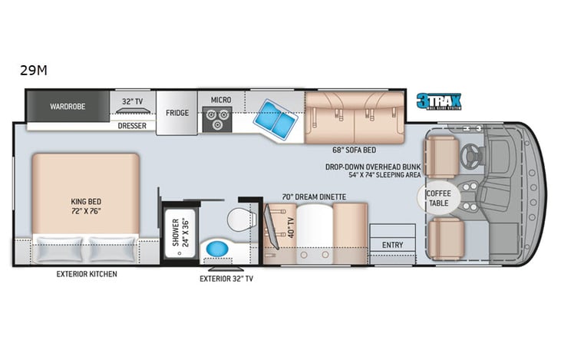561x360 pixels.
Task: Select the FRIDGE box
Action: click(177, 113)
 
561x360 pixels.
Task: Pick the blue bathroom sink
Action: click(215, 250)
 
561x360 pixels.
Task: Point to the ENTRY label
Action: click(391, 245)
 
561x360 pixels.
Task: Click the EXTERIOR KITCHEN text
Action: click(87, 274)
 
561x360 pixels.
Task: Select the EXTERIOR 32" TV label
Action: click(226, 278)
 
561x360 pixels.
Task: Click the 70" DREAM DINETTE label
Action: click(315, 197)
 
